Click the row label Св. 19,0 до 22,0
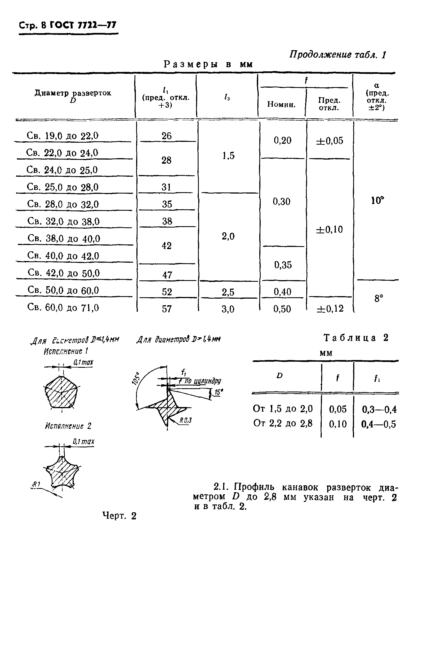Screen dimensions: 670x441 62,136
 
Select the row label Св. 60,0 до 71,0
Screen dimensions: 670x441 63,307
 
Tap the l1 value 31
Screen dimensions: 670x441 166,187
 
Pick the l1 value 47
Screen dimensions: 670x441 167,275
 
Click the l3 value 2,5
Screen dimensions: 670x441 228,292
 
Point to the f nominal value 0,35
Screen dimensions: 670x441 283,265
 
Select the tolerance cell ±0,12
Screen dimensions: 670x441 330,309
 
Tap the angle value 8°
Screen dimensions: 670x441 379,298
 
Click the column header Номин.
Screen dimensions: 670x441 281,105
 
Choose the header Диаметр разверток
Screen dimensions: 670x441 73,93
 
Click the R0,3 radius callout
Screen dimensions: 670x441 186,421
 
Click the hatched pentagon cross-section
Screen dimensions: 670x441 61,392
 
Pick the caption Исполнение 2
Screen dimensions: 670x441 68,426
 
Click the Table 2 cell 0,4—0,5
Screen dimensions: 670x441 379,424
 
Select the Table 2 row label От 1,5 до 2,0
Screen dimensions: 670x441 283,409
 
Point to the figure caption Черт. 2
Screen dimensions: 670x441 119,516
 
